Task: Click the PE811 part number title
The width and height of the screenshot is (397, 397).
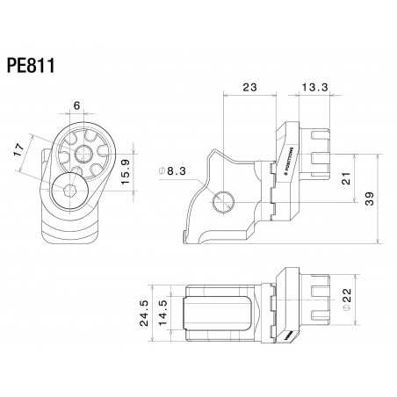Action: point(31,68)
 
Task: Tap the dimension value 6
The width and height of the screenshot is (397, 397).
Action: point(76,105)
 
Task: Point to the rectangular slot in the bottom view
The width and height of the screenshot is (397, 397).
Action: point(214,314)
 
